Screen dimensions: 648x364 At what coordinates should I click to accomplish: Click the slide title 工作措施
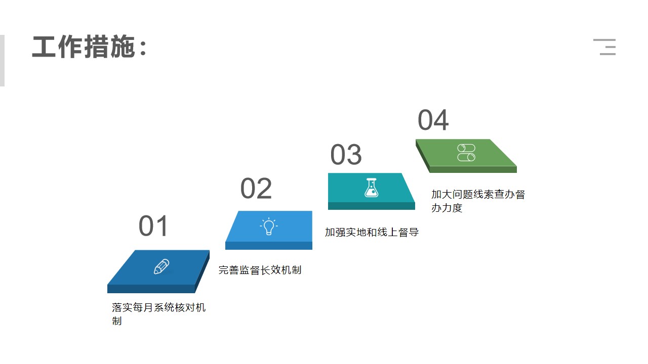pyautogui.click(x=84, y=47)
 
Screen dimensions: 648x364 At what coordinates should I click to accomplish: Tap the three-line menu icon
pyautogui.click(x=604, y=47)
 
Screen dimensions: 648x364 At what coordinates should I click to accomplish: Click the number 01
pyautogui.click(x=153, y=226)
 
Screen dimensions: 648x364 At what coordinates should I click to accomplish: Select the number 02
pyautogui.click(x=256, y=189)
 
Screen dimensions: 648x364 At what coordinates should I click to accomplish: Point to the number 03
pyautogui.click(x=346, y=155)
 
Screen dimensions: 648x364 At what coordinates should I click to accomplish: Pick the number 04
pyautogui.click(x=433, y=120)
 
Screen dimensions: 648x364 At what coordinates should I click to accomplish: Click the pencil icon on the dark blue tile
pyautogui.click(x=161, y=266)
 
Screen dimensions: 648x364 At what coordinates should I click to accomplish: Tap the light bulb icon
pyautogui.click(x=269, y=226)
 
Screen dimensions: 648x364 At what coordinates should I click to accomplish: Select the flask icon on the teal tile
pyautogui.click(x=372, y=188)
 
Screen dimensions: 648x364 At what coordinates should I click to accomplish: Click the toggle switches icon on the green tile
pyautogui.click(x=466, y=153)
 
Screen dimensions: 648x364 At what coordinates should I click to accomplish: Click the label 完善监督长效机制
pyautogui.click(x=260, y=270)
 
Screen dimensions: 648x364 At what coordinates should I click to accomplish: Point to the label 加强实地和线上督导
pyautogui.click(x=372, y=232)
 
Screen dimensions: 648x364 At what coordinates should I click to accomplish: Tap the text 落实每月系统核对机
pyautogui.click(x=158, y=307)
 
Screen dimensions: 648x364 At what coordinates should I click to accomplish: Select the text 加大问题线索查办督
pyautogui.click(x=478, y=194)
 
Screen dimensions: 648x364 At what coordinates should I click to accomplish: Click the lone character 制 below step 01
pyautogui.click(x=117, y=321)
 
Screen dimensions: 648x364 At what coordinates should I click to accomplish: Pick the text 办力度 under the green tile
pyautogui.click(x=447, y=208)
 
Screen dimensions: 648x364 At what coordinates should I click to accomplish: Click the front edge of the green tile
pyautogui.click(x=473, y=169)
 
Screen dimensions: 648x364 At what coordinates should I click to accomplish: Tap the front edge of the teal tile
pyautogui.click(x=372, y=206)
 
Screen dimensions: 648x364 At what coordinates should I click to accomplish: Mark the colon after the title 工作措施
pyautogui.click(x=143, y=48)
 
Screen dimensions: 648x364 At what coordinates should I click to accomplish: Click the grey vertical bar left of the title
pyautogui.click(x=2, y=61)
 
